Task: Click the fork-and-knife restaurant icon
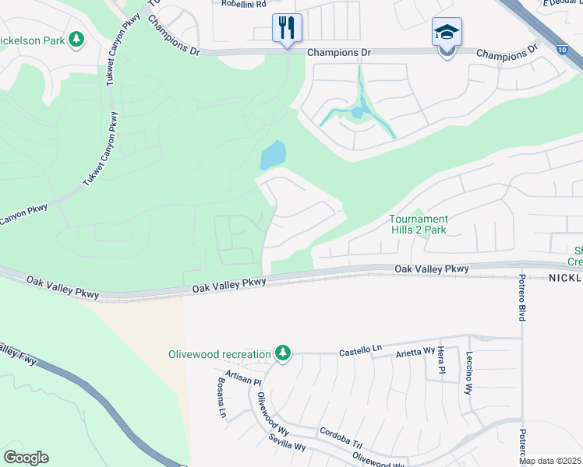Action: pyautogui.click(x=287, y=29)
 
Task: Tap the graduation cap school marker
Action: pyautogui.click(x=447, y=33)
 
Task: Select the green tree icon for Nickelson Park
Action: pyautogui.click(x=76, y=38)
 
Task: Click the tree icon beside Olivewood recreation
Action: pyautogui.click(x=282, y=355)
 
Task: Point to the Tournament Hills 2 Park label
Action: pyautogui.click(x=419, y=224)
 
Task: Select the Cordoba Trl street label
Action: pyautogui.click(x=341, y=438)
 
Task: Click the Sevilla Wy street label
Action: pyautogui.click(x=287, y=444)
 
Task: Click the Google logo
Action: pyautogui.click(x=26, y=458)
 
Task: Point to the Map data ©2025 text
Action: pyautogui.click(x=549, y=461)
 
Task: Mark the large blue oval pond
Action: pyautogui.click(x=272, y=155)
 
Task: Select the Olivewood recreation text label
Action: pyautogui.click(x=219, y=355)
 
